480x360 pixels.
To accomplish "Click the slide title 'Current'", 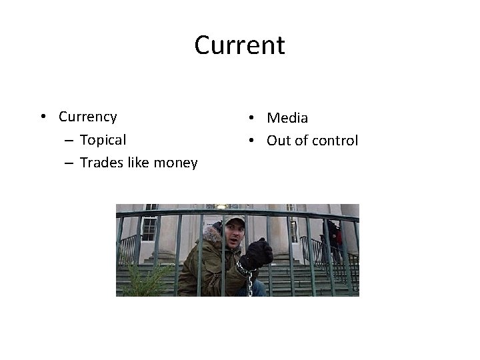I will [239, 45].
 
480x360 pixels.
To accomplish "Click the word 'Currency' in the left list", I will [87, 117].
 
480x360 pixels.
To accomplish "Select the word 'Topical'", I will [103, 140].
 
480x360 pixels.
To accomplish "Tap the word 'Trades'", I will [100, 163].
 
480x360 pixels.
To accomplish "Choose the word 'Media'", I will [287, 118].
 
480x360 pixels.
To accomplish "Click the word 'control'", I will [335, 141].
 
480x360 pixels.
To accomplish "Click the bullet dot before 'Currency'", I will [43, 117].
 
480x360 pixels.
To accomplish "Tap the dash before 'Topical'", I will [70, 140].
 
